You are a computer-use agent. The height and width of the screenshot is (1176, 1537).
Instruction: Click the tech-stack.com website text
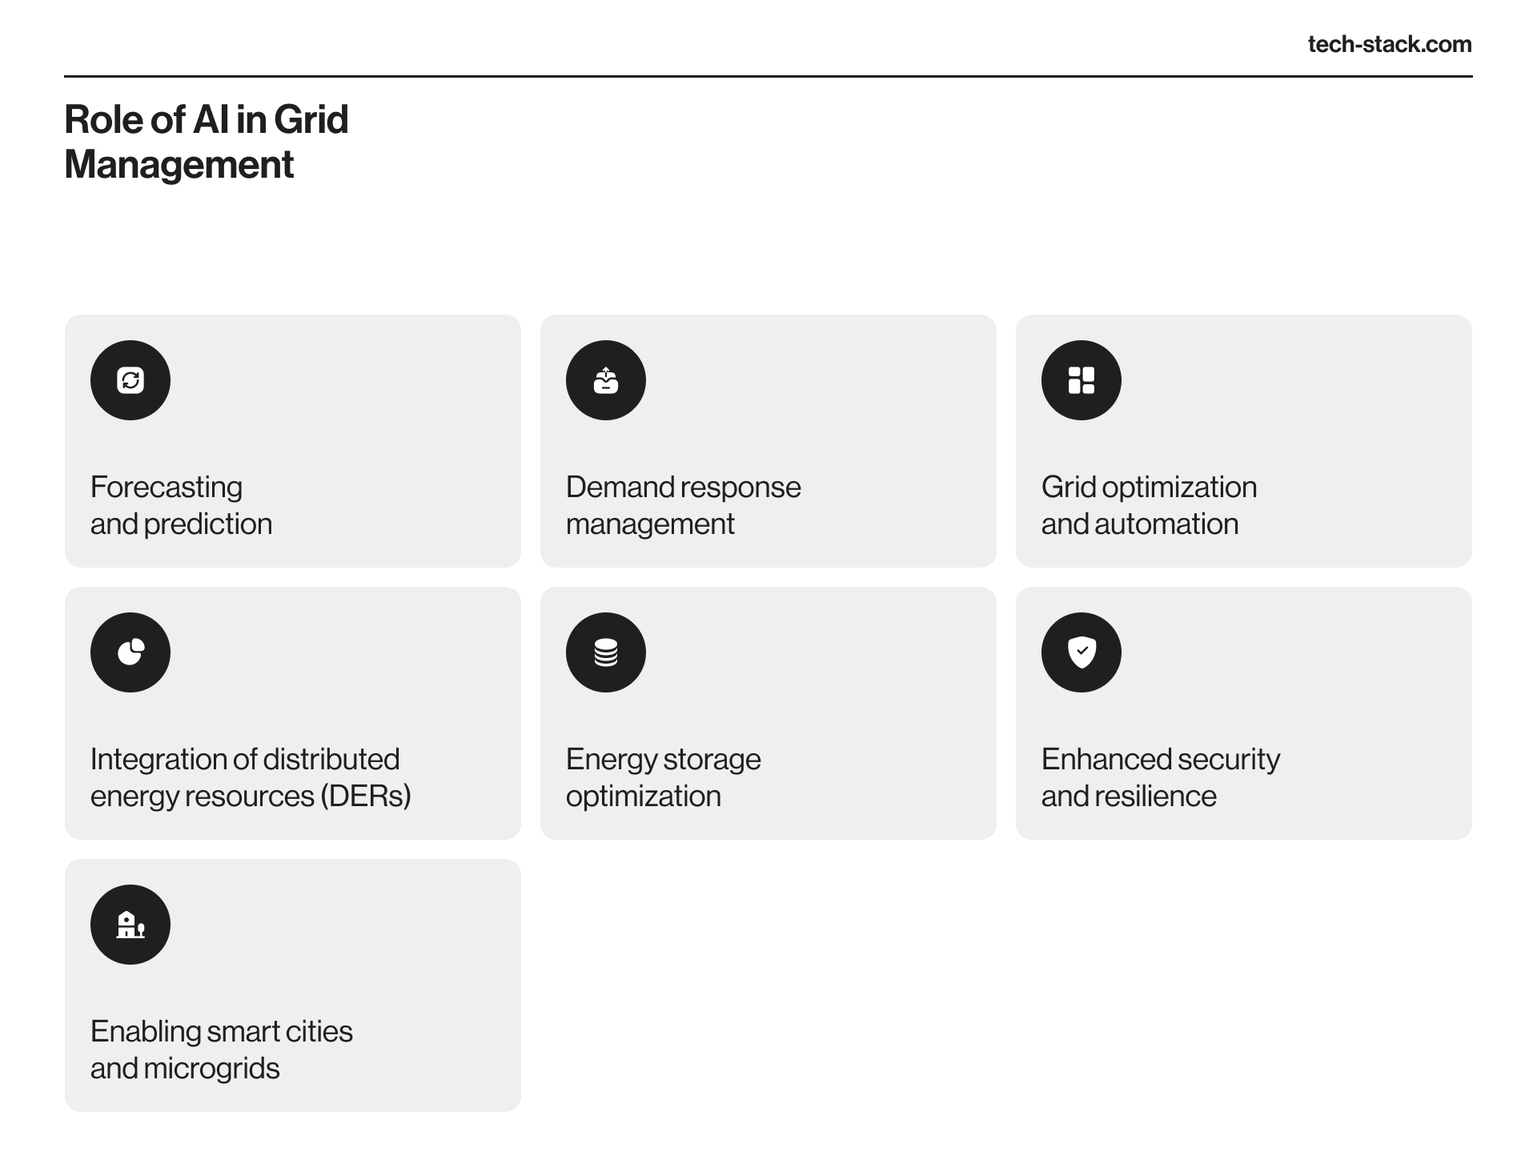point(1390,44)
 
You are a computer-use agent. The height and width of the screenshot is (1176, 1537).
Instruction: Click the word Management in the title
point(179,164)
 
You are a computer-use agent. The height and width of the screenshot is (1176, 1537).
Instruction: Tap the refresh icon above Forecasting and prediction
point(130,380)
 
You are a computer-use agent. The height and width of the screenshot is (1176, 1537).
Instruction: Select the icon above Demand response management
point(606,380)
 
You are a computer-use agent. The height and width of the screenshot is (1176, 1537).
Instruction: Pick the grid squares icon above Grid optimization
point(1082,380)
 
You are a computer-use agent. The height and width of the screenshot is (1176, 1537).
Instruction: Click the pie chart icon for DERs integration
point(130,652)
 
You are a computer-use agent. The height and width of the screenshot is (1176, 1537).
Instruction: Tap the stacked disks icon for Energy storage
point(606,652)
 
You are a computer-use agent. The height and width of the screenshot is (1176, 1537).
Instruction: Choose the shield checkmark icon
point(1082,652)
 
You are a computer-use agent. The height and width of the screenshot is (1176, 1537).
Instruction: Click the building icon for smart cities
point(130,925)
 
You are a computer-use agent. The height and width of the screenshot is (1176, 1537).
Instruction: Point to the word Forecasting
point(167,488)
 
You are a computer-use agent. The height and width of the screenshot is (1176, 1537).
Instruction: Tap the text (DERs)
point(366,797)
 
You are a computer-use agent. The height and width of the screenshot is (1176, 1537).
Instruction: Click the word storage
point(711,760)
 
